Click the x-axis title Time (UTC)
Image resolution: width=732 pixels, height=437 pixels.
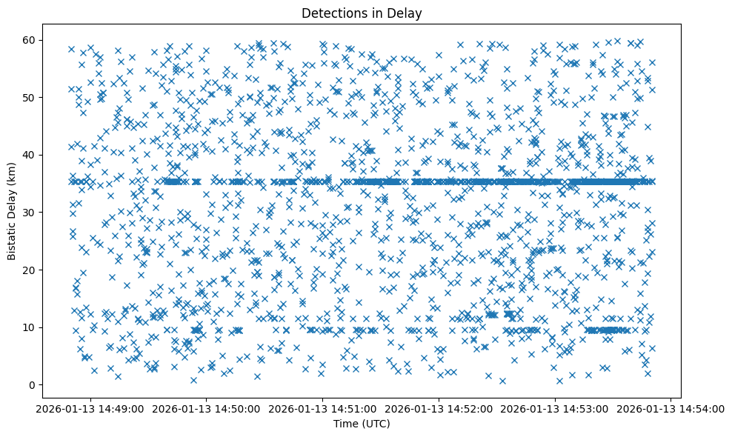coord(362,424)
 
